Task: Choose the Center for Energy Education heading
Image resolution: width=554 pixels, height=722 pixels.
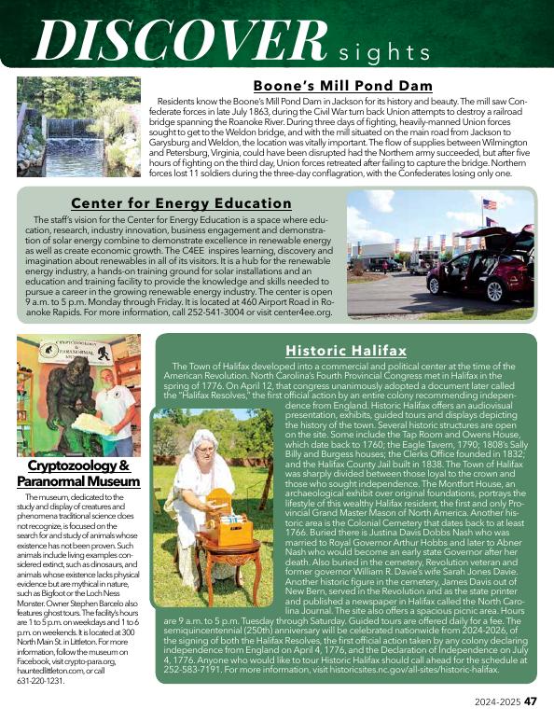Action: (x=181, y=202)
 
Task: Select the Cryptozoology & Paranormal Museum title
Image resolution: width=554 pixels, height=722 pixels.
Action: (x=78, y=472)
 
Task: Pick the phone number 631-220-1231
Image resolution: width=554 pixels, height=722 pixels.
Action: (x=41, y=681)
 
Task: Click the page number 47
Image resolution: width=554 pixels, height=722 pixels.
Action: (x=529, y=701)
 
